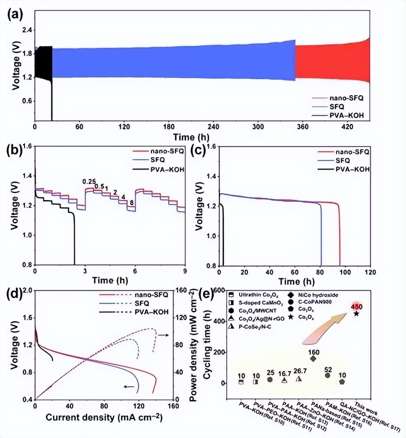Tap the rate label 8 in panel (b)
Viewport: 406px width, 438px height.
131,203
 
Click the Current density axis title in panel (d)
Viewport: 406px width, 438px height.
104,417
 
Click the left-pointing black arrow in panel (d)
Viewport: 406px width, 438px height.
129,386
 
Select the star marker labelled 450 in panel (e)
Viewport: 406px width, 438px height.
356,313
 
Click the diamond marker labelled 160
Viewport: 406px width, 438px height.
313,358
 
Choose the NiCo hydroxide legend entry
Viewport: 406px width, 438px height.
320,296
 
